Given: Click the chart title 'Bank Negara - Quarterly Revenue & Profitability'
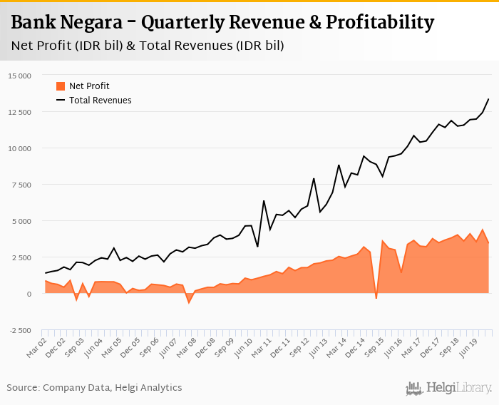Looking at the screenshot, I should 222,23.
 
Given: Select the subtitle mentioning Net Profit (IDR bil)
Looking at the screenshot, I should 148,46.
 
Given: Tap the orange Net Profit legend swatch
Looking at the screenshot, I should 61,86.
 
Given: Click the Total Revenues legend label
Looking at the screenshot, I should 100,101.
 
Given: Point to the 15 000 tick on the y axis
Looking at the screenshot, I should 21,76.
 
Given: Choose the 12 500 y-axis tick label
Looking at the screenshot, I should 21,112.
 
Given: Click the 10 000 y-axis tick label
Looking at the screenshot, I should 21,148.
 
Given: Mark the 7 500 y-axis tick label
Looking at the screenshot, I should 23,185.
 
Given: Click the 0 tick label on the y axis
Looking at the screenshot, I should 29,294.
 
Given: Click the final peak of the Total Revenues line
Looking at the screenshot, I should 488,99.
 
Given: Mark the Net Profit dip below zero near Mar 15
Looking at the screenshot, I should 376,297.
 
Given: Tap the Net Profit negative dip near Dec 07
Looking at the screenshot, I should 189,303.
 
